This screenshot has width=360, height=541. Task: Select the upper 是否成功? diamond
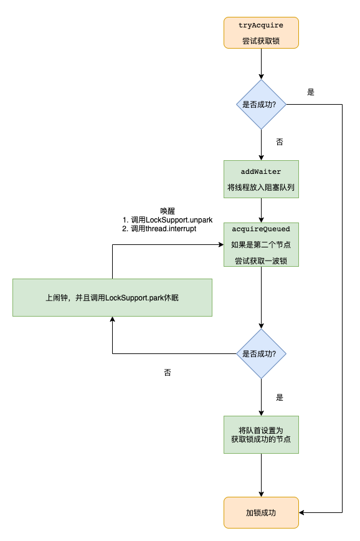261,105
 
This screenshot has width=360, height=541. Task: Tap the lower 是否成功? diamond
261,353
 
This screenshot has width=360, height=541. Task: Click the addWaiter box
261,179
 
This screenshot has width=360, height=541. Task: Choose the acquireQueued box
261,244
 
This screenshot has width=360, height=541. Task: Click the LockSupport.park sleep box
112,297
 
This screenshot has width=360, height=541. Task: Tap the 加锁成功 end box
261,512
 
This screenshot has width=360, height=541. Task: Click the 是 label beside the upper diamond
311,92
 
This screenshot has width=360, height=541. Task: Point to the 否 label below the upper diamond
280,142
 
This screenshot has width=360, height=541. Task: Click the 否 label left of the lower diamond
168,372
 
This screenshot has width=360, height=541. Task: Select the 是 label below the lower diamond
280,397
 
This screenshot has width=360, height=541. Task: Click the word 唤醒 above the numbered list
168,211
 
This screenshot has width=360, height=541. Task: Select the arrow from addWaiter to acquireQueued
261,210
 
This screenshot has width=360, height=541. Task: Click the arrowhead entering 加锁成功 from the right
303,512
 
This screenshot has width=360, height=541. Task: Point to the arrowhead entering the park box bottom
112,320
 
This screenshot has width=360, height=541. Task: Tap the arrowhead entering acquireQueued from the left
220,244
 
